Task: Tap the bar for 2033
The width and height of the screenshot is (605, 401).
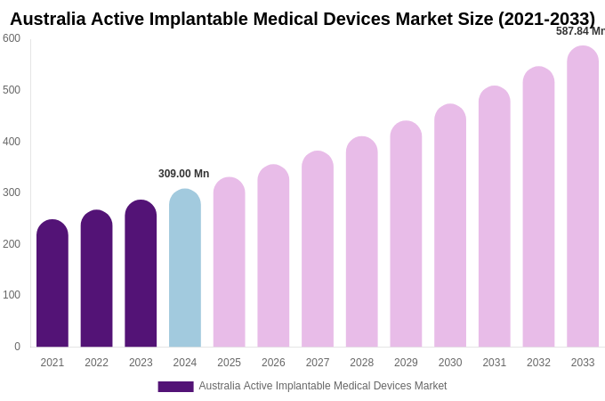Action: coord(583,196)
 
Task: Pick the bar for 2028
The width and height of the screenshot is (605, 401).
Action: coord(361,241)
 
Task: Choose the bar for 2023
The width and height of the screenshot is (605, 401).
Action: coord(141,274)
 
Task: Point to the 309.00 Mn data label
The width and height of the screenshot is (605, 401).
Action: coord(183,174)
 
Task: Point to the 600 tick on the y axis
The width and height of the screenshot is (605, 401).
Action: coord(12,38)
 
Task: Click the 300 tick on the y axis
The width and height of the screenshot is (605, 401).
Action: coord(12,192)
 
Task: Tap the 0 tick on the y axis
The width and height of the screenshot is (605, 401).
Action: coord(17,347)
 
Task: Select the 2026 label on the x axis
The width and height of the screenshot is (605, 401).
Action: coord(273,363)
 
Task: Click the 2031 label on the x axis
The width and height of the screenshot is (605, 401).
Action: coord(495,363)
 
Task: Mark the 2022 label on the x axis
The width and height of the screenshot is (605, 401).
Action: coord(96,363)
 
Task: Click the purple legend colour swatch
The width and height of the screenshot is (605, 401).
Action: coord(175,387)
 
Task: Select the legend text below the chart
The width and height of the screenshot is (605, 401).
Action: coord(322,386)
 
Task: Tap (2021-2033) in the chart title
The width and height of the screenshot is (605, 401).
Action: coord(546,19)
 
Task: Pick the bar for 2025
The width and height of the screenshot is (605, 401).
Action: coord(229,262)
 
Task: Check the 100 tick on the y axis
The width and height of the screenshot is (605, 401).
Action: coord(12,295)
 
